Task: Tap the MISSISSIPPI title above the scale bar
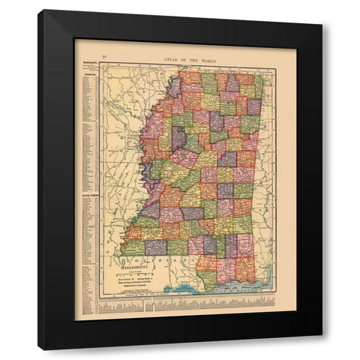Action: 130,265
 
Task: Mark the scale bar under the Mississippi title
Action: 131,271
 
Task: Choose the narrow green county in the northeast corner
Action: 259,86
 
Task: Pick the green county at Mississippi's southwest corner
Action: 133,247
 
